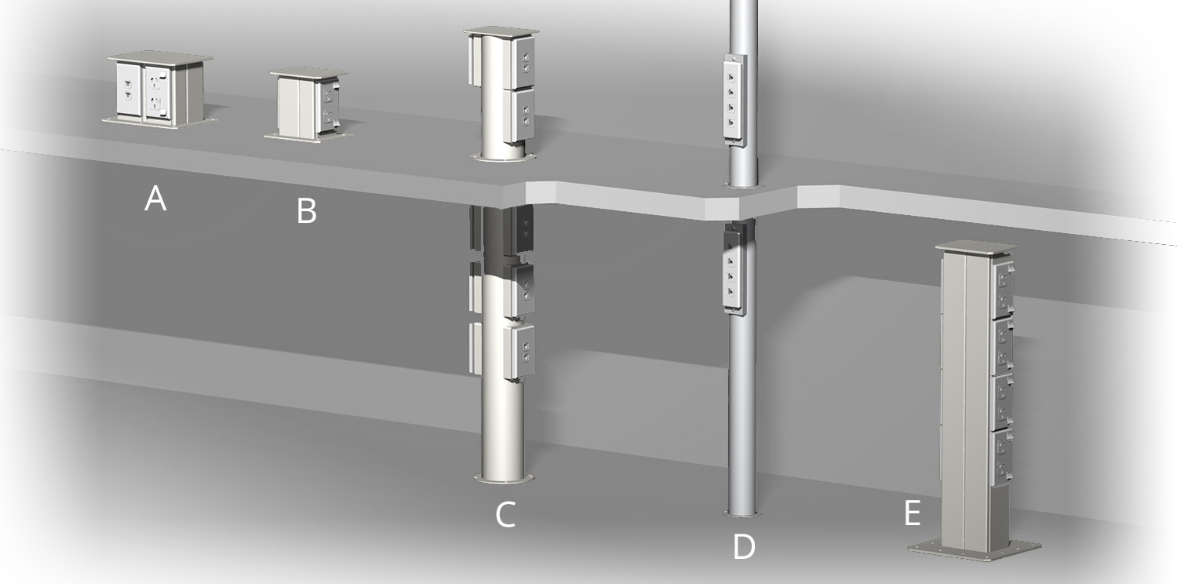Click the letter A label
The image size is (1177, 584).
(x=155, y=199)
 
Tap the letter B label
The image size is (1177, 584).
(x=306, y=211)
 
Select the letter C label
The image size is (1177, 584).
(x=505, y=514)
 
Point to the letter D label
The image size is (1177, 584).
(x=743, y=547)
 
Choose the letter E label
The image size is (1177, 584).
(x=912, y=513)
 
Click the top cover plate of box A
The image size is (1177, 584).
(x=161, y=58)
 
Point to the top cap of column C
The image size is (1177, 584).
(x=502, y=32)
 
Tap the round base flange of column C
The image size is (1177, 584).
(x=502, y=477)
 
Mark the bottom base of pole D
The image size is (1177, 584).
(x=742, y=514)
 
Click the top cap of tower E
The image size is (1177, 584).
(x=976, y=246)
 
